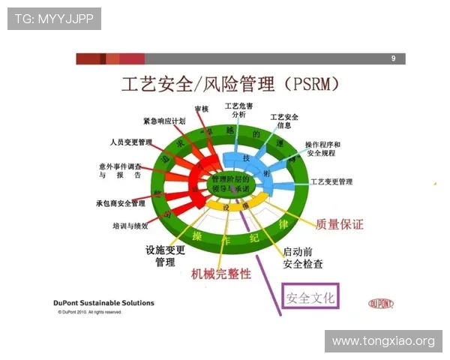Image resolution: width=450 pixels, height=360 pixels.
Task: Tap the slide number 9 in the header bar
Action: (394, 58)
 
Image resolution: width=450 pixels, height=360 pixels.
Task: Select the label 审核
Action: (202, 109)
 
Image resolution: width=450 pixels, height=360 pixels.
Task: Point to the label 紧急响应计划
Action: (163, 121)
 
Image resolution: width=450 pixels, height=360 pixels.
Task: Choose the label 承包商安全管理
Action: (121, 203)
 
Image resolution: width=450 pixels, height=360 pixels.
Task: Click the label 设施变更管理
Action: (166, 256)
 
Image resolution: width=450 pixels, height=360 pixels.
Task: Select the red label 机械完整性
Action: (221, 274)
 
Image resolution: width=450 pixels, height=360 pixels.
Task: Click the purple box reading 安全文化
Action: (310, 296)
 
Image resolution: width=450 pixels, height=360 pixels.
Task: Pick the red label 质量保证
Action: (340, 224)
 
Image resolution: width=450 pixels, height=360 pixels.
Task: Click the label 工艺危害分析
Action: (238, 110)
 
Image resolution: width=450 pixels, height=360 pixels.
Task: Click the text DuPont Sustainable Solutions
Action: (103, 303)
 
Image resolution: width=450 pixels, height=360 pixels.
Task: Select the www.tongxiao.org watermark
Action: (382, 341)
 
